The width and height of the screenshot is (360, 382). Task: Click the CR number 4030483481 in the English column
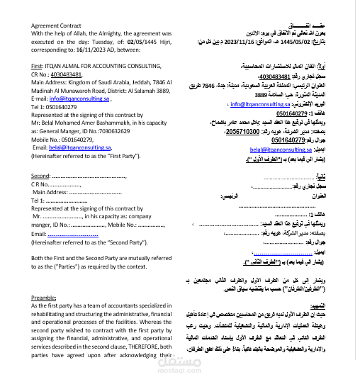62,73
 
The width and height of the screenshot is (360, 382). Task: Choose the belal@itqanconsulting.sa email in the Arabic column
275,150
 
